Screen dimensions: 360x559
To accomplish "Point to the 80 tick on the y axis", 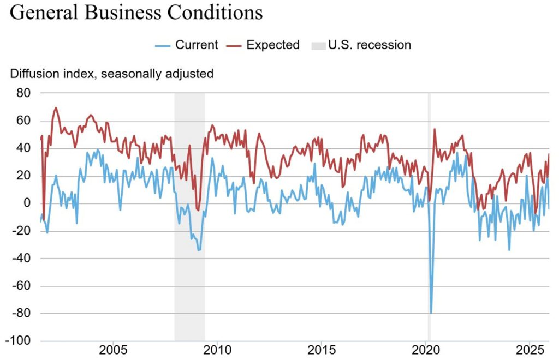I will click(x=23, y=93).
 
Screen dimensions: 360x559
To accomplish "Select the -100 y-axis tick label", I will click(x=19, y=341).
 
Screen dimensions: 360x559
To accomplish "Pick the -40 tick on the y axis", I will click(x=21, y=259).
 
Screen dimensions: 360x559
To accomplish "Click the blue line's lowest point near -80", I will click(x=431, y=313).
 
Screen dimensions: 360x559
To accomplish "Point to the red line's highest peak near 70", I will click(x=56, y=108).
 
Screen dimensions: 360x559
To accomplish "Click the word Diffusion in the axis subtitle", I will click(x=33, y=74).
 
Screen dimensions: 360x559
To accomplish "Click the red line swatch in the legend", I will click(x=234, y=45).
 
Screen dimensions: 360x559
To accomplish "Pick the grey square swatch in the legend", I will click(x=317, y=45).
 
